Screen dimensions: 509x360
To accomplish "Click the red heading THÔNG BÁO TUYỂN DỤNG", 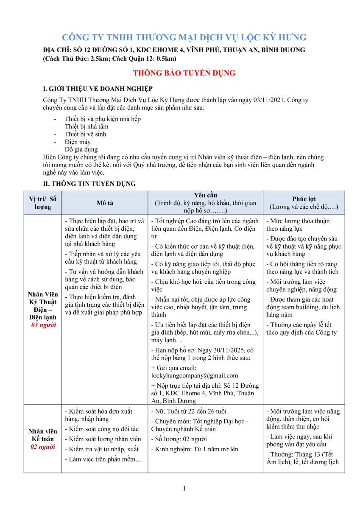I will tap(184, 73).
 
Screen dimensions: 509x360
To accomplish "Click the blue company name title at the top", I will tap(184, 37).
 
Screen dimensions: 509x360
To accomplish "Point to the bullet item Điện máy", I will tap(78, 142).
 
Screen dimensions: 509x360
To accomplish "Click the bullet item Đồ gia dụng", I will tap(81, 149).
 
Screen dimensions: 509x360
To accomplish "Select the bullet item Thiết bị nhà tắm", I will tap(87, 126).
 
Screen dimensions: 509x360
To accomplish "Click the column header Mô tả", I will tap(105, 203).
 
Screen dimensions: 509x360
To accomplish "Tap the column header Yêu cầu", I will tap(205, 195).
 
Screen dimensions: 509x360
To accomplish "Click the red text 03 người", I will tap(43, 325).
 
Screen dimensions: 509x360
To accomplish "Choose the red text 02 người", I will tap(43, 447).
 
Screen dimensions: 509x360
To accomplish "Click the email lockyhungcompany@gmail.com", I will tap(195, 375).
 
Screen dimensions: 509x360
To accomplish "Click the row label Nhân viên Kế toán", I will tap(43, 435).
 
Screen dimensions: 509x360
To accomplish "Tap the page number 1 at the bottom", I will tap(184, 488).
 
